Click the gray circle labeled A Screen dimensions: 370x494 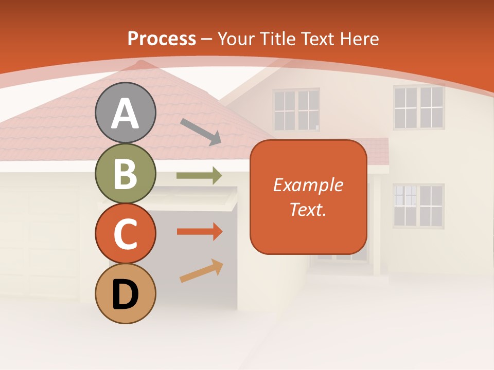[x=125, y=113]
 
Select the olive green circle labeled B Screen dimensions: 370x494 [x=125, y=174]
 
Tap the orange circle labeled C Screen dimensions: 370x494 [x=125, y=234]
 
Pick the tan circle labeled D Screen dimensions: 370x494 [x=125, y=294]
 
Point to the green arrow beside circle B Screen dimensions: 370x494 [x=199, y=176]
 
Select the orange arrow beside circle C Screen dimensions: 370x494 [x=199, y=232]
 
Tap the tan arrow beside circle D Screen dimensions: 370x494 [x=201, y=271]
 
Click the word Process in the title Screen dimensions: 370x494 [x=162, y=39]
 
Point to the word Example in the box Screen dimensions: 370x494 [x=308, y=185]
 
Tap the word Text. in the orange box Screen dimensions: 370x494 [x=308, y=209]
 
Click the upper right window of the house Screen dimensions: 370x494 [x=418, y=107]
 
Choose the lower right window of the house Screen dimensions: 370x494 [x=418, y=206]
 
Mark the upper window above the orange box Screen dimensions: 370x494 [x=296, y=109]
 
